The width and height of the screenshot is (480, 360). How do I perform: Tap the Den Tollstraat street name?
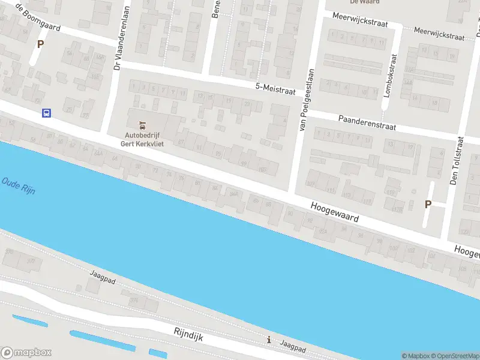click(457, 160)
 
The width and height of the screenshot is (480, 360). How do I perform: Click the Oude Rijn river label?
click(18, 185)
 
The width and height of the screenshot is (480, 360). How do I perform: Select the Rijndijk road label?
click(188, 334)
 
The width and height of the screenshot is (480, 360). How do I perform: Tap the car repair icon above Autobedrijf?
click(143, 125)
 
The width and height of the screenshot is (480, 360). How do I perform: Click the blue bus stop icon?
click(46, 113)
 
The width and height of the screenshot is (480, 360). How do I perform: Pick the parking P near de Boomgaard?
click(40, 44)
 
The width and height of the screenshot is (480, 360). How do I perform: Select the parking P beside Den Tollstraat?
click(428, 204)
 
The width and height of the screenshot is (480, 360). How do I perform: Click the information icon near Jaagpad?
click(269, 340)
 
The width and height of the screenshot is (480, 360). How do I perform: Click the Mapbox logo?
click(26, 353)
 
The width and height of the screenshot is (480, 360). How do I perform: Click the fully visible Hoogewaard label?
click(335, 212)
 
